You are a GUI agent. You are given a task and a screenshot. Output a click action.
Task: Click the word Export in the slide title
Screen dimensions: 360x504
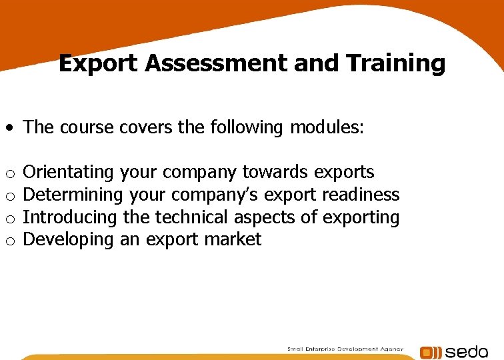click(99, 63)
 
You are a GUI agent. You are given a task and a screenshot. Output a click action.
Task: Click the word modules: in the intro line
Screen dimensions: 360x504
click(327, 127)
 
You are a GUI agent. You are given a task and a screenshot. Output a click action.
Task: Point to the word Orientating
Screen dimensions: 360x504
click(69, 172)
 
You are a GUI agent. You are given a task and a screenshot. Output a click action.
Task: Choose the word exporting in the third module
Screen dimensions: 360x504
click(361, 217)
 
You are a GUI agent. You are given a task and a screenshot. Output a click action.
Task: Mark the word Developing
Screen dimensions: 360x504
click(69, 240)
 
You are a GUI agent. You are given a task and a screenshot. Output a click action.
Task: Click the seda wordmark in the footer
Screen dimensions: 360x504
click(467, 352)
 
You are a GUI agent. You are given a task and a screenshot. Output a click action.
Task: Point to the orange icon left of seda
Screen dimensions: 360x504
click(430, 353)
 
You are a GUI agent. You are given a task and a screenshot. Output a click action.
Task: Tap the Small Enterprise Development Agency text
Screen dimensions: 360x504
click(345, 349)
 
